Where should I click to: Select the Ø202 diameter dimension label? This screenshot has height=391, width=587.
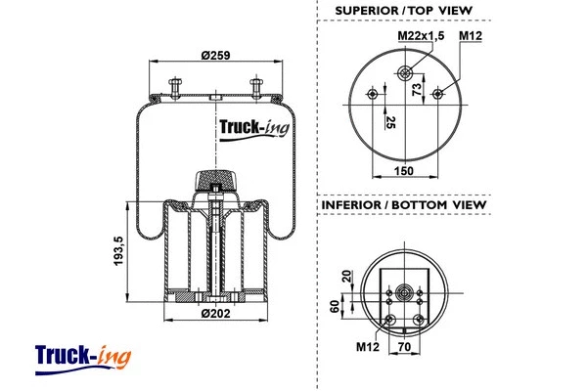tap(214, 313)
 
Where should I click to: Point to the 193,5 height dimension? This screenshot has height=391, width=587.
tap(118, 253)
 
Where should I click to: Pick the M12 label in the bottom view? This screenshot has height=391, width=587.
tap(367, 346)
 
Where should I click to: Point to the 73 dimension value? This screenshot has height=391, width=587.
tap(417, 90)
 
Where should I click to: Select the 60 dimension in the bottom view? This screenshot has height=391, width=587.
tap(337, 307)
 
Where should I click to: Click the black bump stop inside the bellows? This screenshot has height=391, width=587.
tap(215, 181)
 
